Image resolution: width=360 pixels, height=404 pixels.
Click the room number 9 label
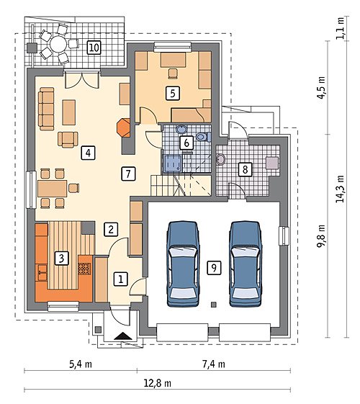[x=214, y=267]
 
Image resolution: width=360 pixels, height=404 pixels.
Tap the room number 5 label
[x=173, y=93]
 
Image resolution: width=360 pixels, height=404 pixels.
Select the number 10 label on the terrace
[x=94, y=48]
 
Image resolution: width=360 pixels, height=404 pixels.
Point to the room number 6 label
[x=186, y=143]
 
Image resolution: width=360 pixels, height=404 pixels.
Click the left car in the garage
[x=183, y=264]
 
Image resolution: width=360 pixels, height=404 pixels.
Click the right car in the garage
[x=246, y=264]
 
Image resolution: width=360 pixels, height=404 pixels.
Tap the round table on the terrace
[x=58, y=45]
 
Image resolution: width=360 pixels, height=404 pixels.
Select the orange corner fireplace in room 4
[x=123, y=127]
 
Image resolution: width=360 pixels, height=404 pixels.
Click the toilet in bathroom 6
[x=204, y=136]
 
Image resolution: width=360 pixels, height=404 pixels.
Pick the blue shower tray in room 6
[x=173, y=163]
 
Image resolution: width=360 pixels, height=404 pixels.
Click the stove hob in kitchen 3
[x=84, y=269]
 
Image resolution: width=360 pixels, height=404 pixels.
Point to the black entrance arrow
[x=123, y=336]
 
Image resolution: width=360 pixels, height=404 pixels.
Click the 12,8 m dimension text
[x=158, y=383]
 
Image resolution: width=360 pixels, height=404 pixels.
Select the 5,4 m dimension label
[x=81, y=364]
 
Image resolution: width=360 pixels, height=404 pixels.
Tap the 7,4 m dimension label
[x=214, y=364]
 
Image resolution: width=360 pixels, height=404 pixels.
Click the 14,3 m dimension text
[x=340, y=189]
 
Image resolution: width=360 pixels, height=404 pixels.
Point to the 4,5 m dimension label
[x=321, y=88]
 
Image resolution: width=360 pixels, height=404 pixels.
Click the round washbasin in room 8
[x=221, y=159]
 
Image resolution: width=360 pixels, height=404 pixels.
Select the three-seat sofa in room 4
[x=46, y=109]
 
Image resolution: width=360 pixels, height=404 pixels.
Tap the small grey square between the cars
[x=213, y=305]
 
